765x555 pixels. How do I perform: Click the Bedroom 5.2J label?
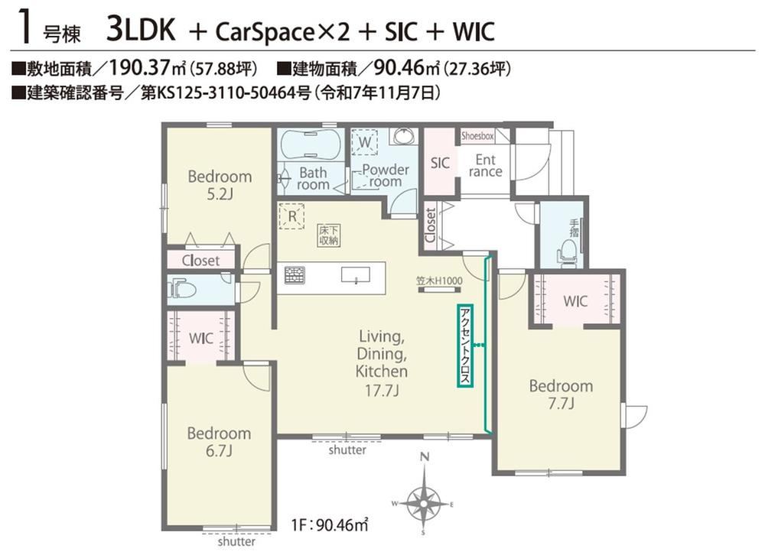click(x=220, y=185)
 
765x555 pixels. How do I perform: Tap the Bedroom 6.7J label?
click(x=219, y=442)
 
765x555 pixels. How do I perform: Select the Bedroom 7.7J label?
click(x=561, y=394)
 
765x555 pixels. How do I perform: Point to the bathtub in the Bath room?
click(x=311, y=144)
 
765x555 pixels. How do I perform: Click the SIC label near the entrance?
click(x=440, y=163)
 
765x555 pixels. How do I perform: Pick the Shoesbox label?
click(x=477, y=136)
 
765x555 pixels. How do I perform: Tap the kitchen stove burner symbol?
click(x=295, y=275)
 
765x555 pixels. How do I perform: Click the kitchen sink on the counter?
click(x=355, y=274)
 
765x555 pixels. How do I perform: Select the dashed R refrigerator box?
click(x=291, y=216)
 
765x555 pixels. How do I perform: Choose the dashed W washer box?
click(x=364, y=141)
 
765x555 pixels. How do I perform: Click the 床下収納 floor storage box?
click(x=329, y=235)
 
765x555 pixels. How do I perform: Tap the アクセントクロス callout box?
click(x=465, y=346)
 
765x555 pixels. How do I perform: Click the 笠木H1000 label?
click(x=439, y=281)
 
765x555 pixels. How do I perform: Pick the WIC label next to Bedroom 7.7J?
click(x=575, y=301)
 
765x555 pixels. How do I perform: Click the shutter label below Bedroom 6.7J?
click(x=236, y=541)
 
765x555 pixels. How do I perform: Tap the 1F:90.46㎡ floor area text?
click(x=330, y=524)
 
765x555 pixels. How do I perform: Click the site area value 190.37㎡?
click(x=146, y=68)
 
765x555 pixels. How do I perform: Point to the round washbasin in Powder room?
click(x=403, y=136)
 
